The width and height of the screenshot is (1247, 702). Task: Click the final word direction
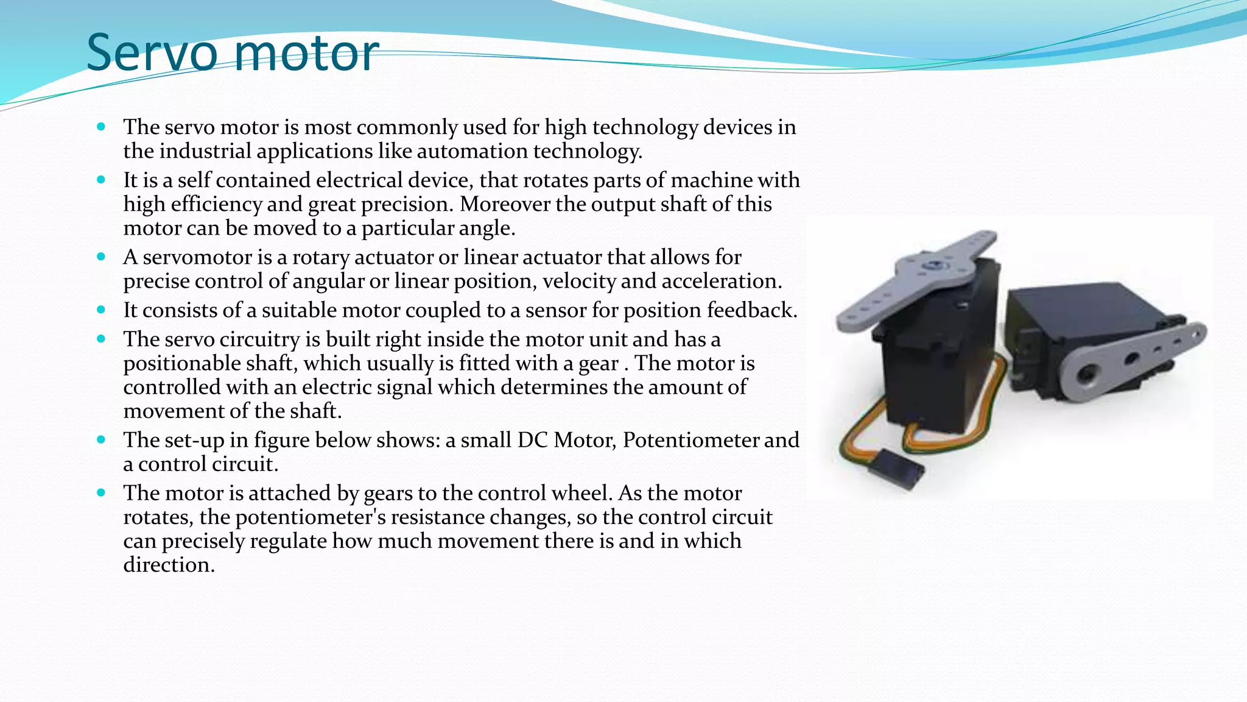click(169, 565)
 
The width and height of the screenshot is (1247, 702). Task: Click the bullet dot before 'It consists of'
click(101, 310)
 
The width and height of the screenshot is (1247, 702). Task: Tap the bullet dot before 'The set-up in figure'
click(101, 439)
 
